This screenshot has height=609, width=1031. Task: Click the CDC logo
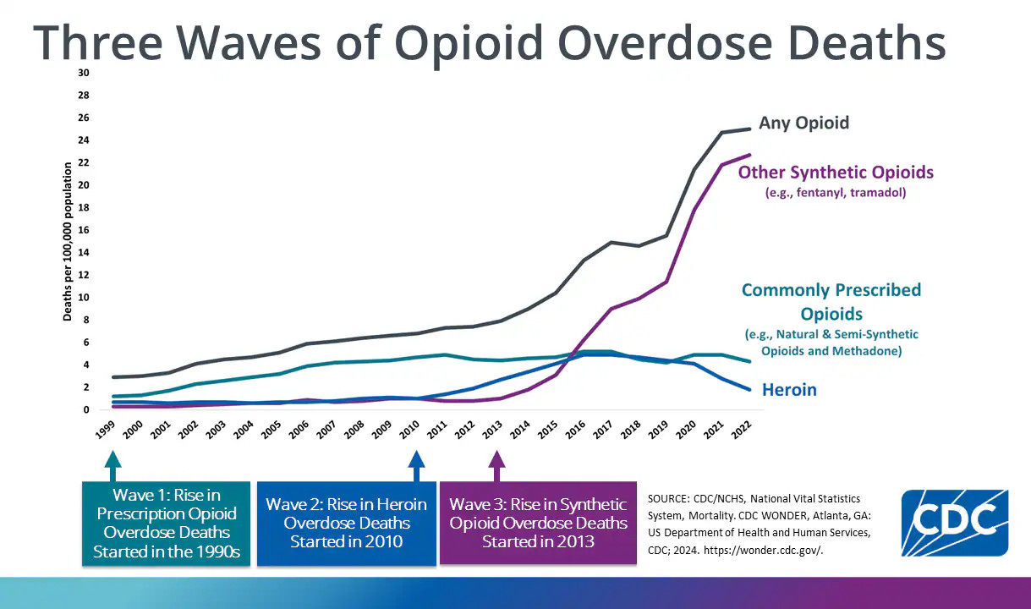click(954, 523)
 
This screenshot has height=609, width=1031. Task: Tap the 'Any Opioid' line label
click(803, 123)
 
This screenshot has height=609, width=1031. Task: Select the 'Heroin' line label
click(789, 390)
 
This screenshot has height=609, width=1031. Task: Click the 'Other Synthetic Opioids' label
click(836, 173)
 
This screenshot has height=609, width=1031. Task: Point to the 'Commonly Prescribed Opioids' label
click(831, 302)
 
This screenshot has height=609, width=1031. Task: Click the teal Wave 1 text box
click(167, 524)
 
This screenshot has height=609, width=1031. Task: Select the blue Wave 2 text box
click(346, 524)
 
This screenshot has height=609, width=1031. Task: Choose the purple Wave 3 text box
click(538, 524)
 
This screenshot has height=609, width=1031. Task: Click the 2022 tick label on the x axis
click(741, 429)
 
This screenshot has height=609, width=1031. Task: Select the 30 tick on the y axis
click(83, 73)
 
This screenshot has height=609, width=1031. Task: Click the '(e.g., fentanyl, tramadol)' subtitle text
click(836, 193)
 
